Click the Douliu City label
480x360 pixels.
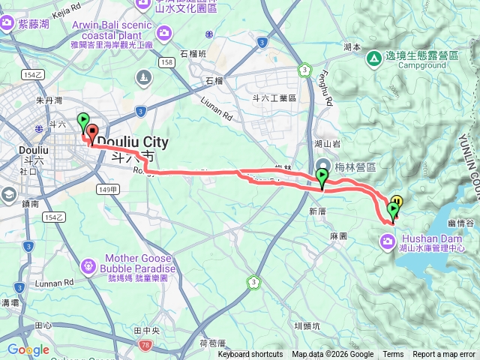tap(133, 141)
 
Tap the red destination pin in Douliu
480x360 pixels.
tap(92, 133)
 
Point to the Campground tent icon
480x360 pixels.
tap(373, 57)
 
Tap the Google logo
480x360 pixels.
tap(28, 349)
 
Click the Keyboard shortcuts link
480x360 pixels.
tap(250, 355)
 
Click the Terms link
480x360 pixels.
tap(393, 355)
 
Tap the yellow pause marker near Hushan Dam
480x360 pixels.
tap(397, 201)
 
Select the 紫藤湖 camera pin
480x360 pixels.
tap(8, 23)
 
